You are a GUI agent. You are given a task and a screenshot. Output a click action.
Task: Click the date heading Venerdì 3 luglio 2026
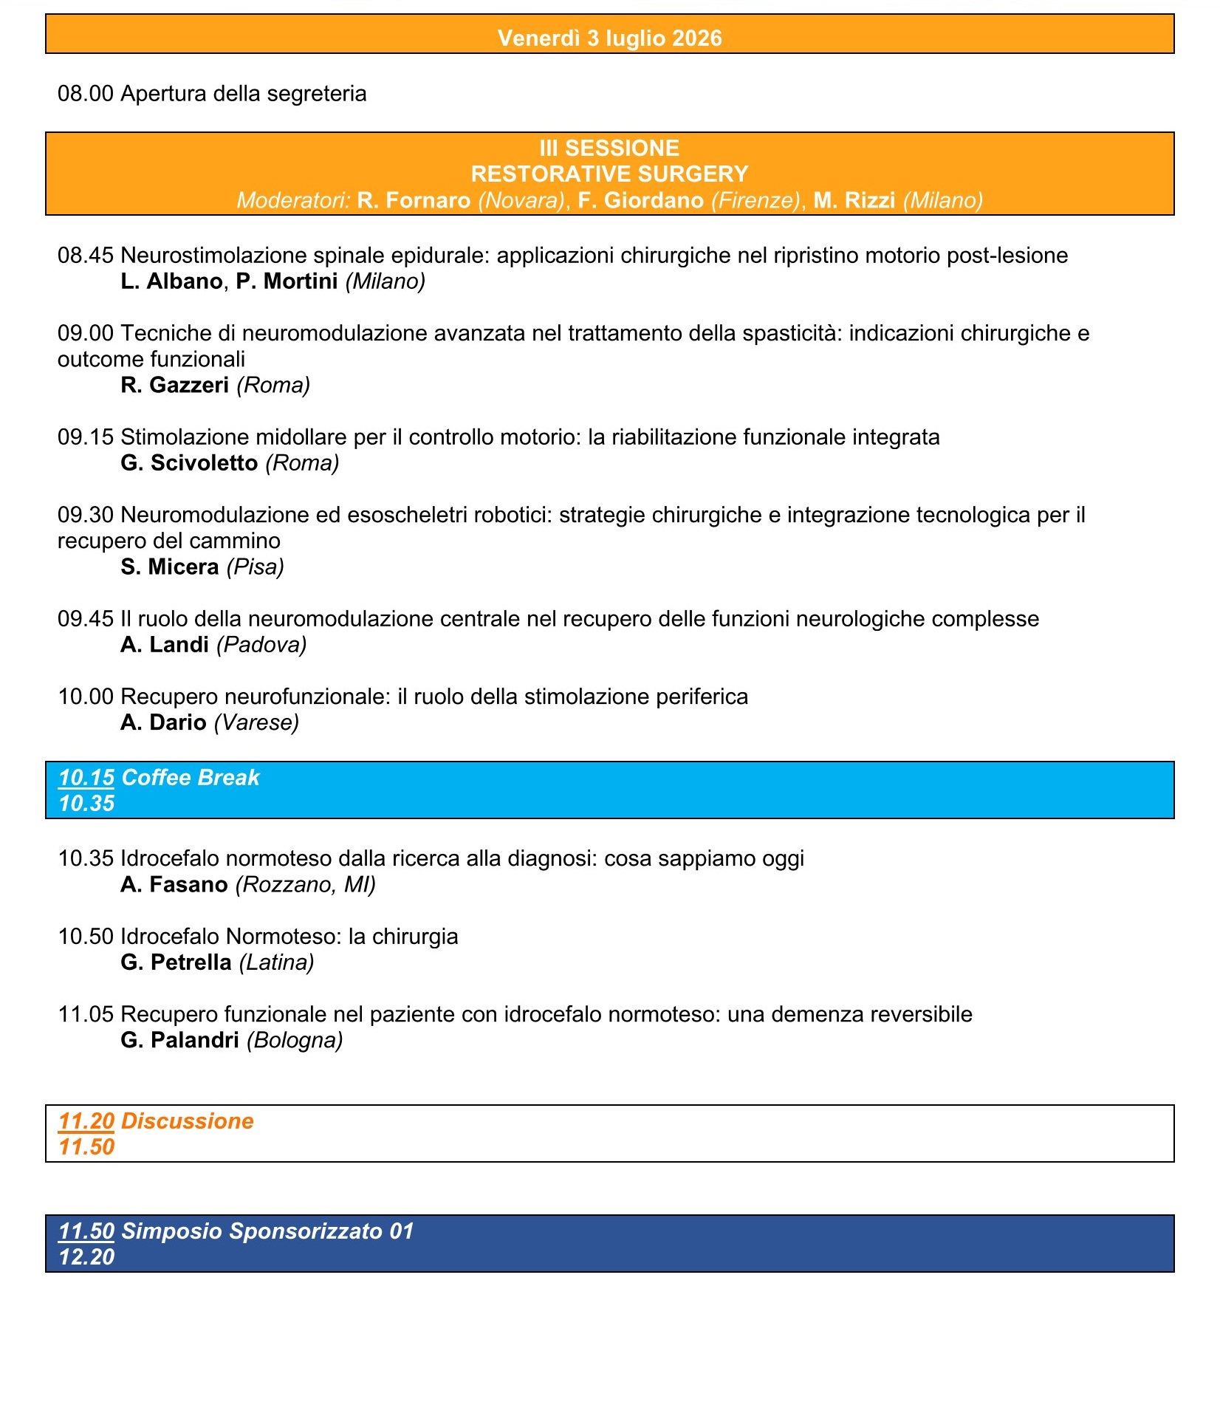pos(609,38)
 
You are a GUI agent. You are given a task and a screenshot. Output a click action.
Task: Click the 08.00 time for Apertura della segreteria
pos(86,94)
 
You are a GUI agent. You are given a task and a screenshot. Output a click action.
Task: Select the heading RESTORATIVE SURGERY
pos(609,174)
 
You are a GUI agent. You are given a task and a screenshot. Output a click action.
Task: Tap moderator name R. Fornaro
pos(414,200)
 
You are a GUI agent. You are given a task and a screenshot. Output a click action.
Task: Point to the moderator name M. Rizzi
pos(854,200)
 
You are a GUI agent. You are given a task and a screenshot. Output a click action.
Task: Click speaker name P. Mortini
pos(287,281)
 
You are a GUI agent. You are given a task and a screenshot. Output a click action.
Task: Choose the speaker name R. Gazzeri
pos(175,385)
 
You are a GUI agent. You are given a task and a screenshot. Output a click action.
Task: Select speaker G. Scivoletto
pos(189,462)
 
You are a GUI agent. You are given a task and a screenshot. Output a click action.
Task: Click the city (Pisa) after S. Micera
pos(256,567)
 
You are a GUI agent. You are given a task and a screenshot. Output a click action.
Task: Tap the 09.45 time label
pos(86,618)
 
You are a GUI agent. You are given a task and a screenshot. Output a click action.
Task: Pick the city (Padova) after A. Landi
pos(261,644)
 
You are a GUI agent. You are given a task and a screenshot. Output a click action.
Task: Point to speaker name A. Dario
pos(163,722)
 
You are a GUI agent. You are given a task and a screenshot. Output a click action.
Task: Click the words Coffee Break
pos(191,777)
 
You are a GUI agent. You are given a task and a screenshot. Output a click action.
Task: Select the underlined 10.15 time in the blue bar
pos(86,777)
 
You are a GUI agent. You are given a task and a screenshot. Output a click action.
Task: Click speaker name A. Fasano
pos(174,884)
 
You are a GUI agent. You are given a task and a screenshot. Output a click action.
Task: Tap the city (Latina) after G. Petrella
pos(276,962)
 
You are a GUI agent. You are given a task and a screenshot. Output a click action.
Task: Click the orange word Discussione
pos(188,1121)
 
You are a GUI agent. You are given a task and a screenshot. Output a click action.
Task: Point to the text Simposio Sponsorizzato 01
pos(267,1231)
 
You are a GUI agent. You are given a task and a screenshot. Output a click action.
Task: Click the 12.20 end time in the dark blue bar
pos(86,1256)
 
